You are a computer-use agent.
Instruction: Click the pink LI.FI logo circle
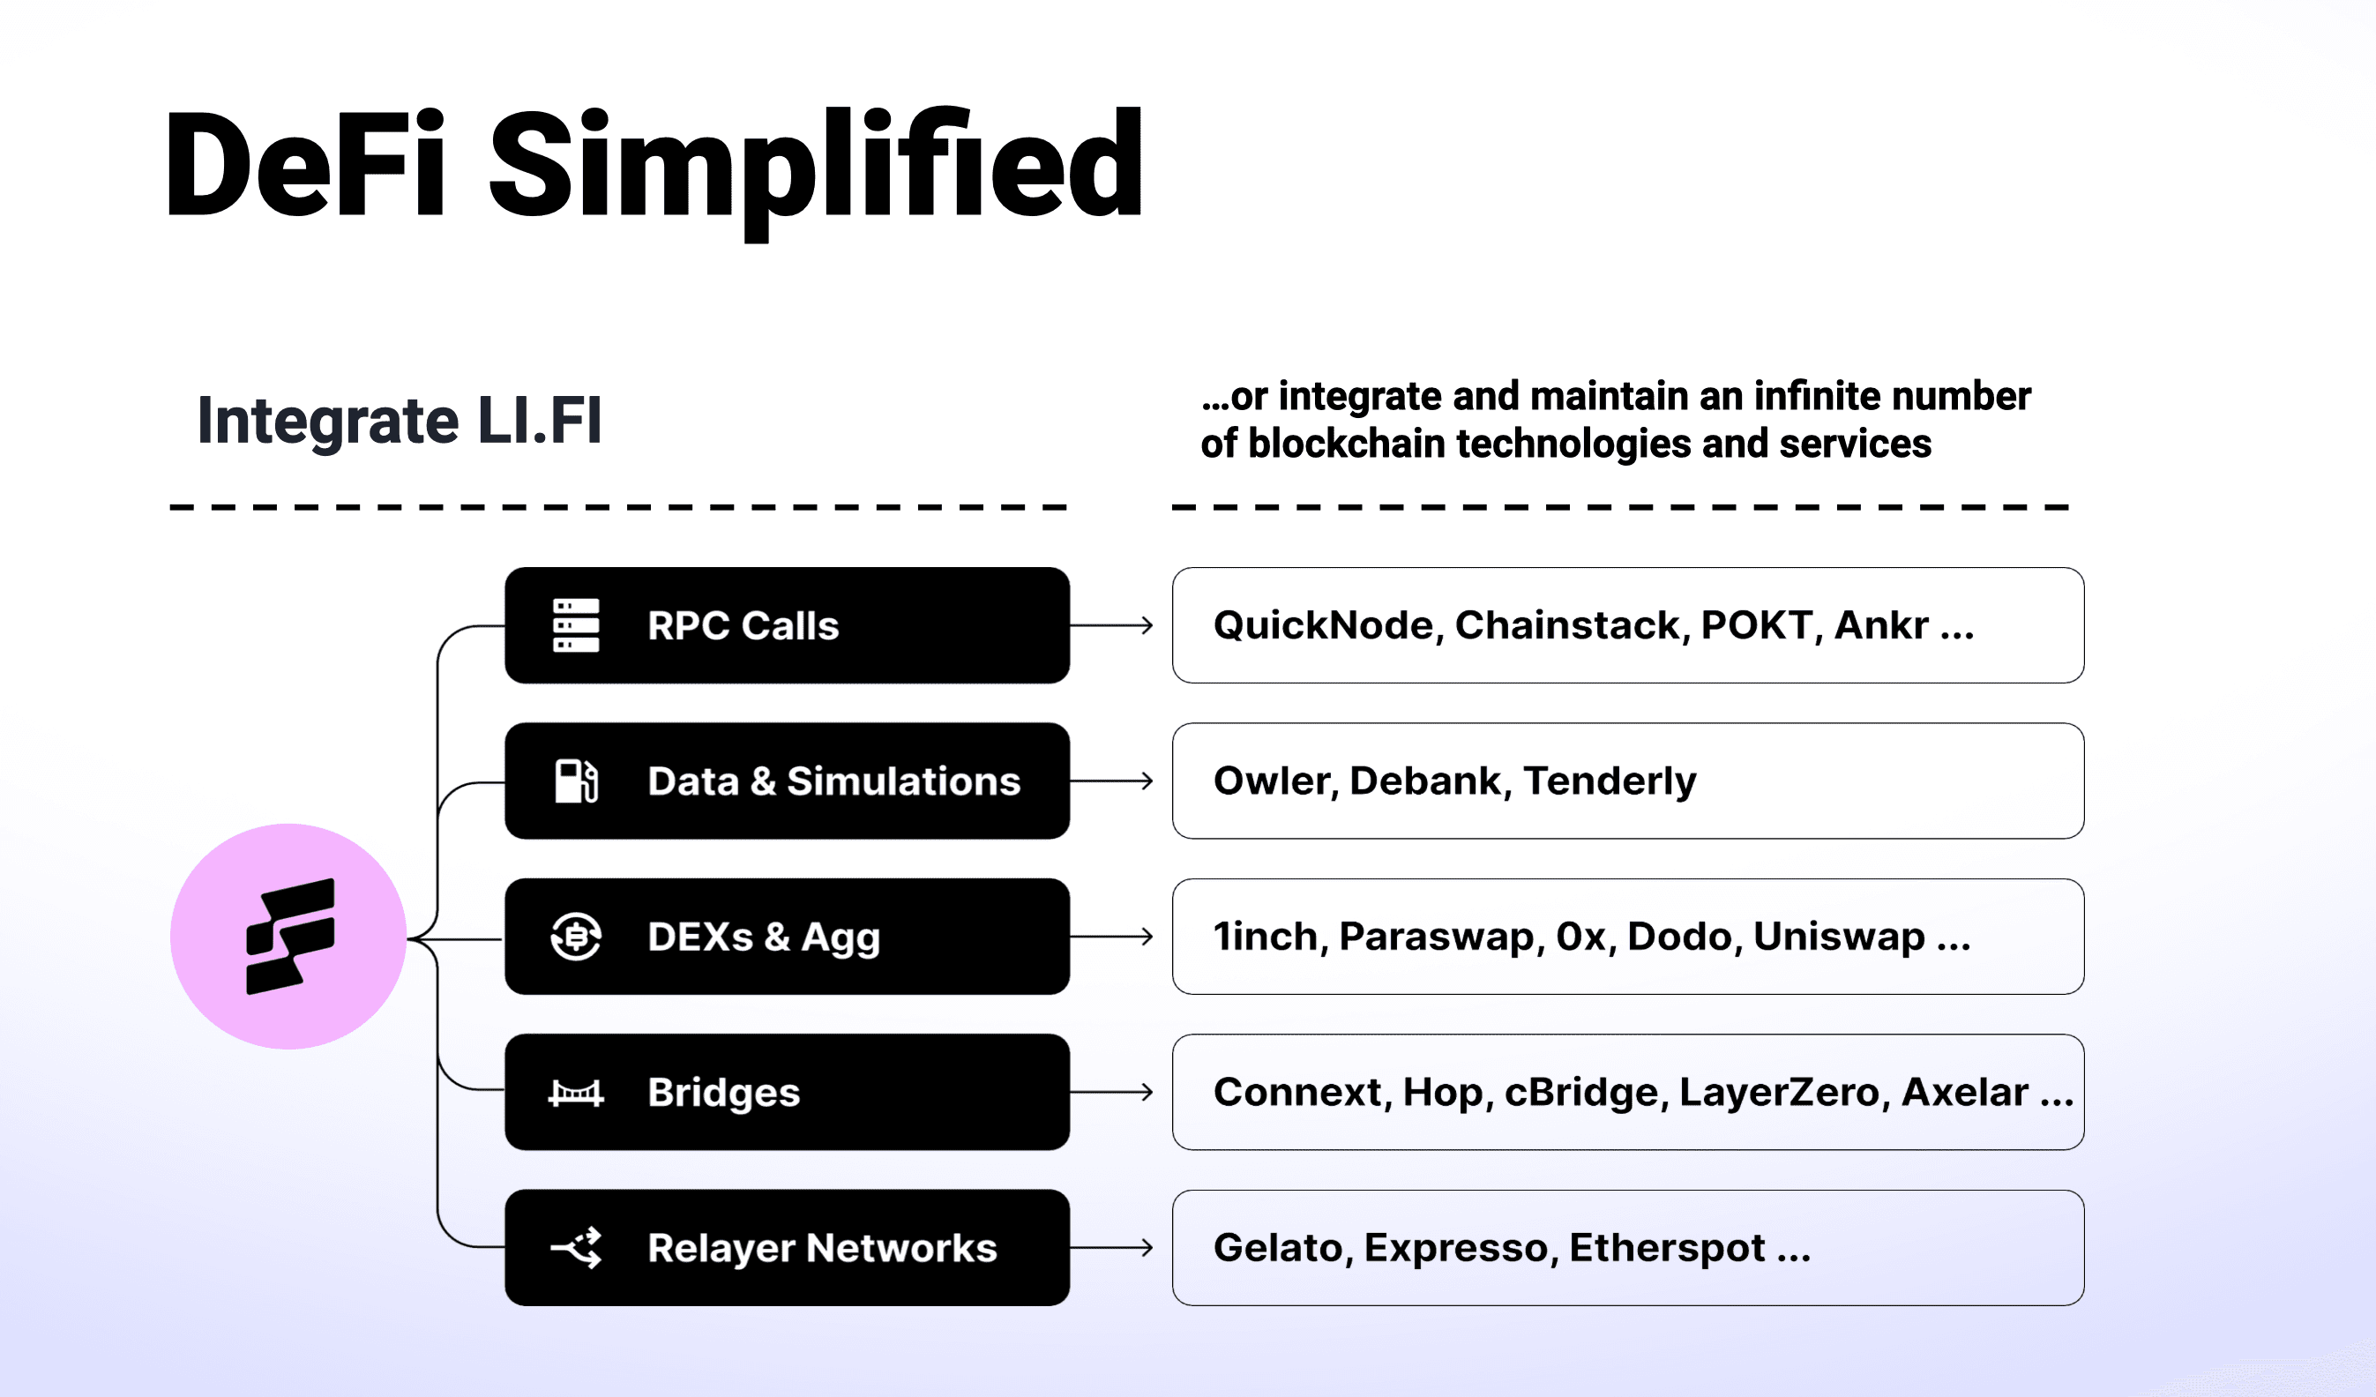[x=288, y=936]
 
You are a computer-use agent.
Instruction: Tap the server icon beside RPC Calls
[x=575, y=625]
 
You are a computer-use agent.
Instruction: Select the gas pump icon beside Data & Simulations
[x=576, y=781]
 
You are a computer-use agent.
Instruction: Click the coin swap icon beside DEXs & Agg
[x=575, y=936]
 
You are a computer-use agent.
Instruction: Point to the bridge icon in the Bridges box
[x=575, y=1093]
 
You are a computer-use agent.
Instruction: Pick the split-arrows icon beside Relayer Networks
[x=576, y=1248]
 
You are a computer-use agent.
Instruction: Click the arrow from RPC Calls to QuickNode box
[x=1111, y=625]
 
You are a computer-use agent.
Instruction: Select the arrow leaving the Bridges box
[x=1111, y=1092]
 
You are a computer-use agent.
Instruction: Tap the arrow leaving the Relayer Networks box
[x=1111, y=1247]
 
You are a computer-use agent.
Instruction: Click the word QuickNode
[x=1324, y=626]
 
